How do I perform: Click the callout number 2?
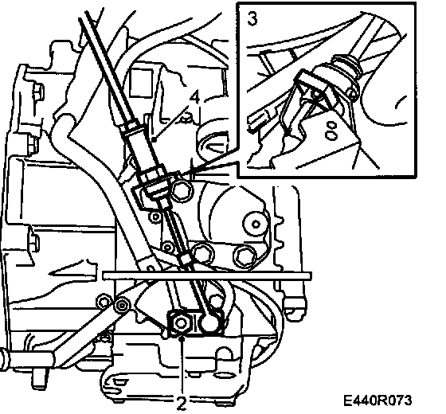pos(182,403)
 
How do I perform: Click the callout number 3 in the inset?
pos(252,19)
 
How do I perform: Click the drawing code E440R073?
pos(378,400)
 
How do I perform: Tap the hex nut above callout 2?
pos(181,322)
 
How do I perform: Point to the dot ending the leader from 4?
pos(154,139)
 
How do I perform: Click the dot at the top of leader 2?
pos(182,338)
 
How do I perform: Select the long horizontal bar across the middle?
pos(207,275)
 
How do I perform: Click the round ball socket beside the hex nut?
pos(209,322)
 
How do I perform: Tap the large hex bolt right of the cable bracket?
pos(182,189)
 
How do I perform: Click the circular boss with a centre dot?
pos(256,224)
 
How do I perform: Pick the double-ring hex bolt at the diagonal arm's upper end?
pos(123,305)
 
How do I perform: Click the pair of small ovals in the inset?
pos(331,131)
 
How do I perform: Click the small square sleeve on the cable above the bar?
pos(185,258)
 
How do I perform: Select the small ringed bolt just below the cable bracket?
pos(155,217)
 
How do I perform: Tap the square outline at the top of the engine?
pos(141,83)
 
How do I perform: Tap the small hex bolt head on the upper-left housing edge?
pos(38,92)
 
